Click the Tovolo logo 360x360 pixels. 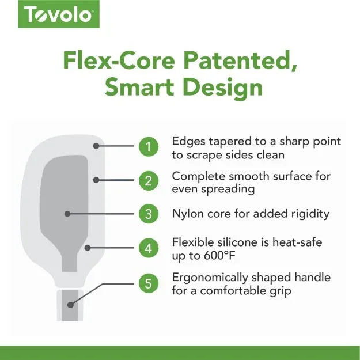(x=59, y=14)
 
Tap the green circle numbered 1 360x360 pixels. (x=148, y=146)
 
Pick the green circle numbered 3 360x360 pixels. (x=148, y=214)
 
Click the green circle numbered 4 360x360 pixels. (x=148, y=248)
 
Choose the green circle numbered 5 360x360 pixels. (x=148, y=283)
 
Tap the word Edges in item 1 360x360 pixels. (x=187, y=141)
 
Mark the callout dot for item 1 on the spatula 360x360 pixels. (x=97, y=146)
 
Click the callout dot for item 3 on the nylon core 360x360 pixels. (x=67, y=214)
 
